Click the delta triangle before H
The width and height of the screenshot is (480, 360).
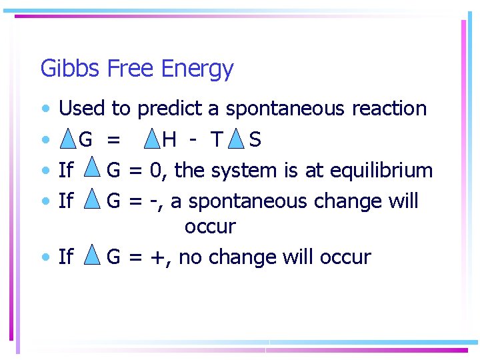(x=152, y=139)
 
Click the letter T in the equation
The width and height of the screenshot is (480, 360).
(x=215, y=140)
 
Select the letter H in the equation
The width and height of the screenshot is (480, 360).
(x=169, y=140)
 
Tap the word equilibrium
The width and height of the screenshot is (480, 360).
(x=378, y=171)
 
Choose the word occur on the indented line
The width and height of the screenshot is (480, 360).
(x=210, y=227)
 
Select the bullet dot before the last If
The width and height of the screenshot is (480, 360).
(x=45, y=257)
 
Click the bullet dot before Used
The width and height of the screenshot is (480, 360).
(x=45, y=108)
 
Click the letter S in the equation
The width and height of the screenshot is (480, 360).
(x=255, y=140)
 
